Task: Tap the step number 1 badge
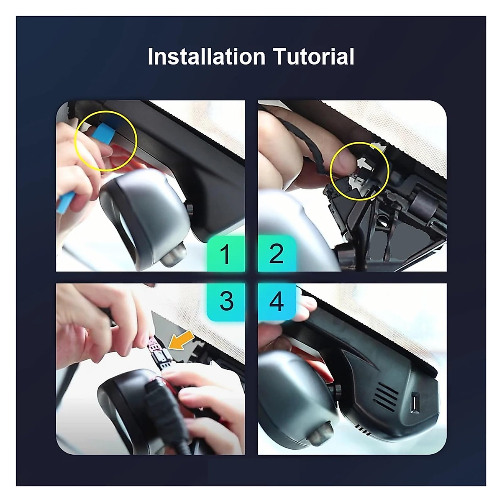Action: click(x=225, y=254)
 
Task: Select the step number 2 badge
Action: click(x=277, y=254)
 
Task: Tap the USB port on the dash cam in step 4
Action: click(x=416, y=402)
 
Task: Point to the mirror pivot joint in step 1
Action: click(x=188, y=208)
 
